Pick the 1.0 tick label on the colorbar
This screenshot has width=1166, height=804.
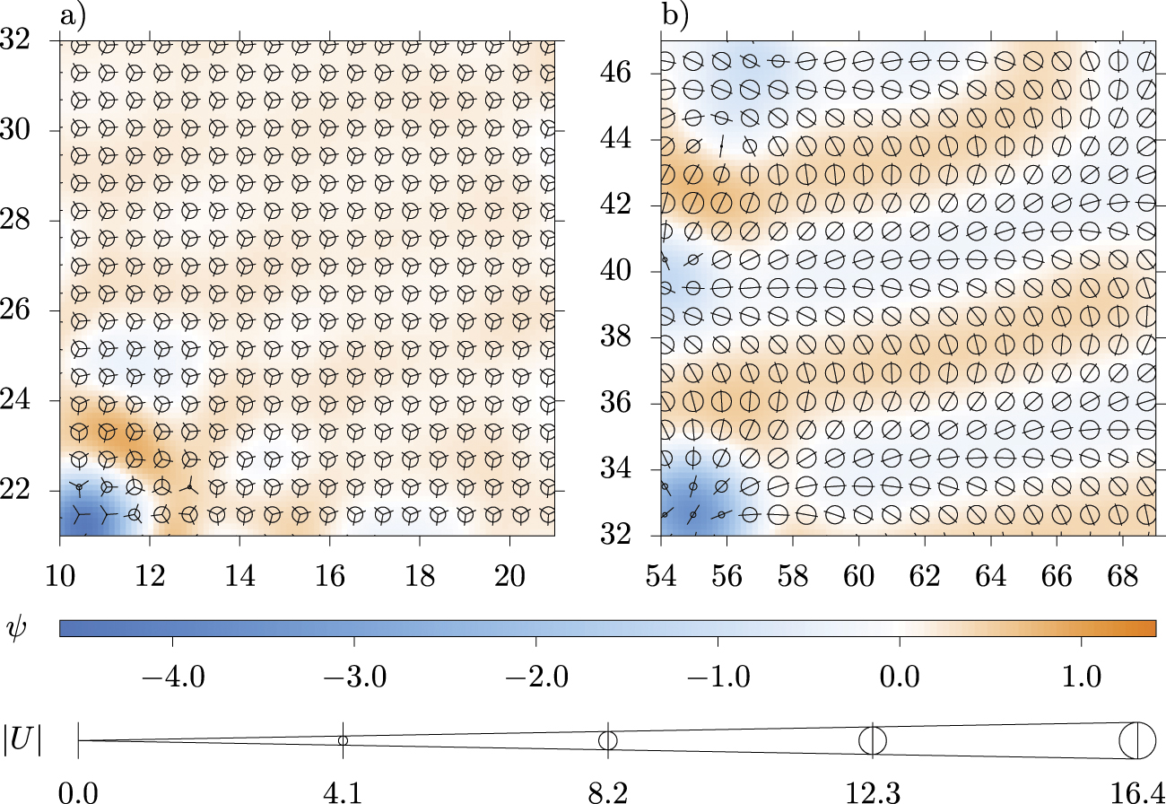(1081, 675)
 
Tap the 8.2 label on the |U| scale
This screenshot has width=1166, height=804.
(608, 791)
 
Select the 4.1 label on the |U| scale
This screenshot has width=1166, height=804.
(344, 791)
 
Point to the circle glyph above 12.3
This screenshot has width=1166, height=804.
(873, 740)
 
